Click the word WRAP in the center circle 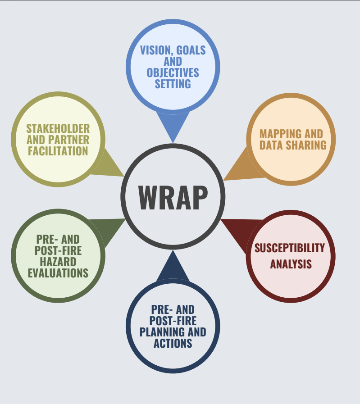(x=173, y=197)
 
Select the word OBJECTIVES (x=173, y=73)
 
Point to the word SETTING (x=173, y=84)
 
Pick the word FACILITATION (x=58, y=151)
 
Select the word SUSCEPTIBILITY (x=290, y=248)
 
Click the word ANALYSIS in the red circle (x=291, y=264)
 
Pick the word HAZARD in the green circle (x=58, y=262)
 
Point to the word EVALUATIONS (x=58, y=273)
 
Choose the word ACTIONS (x=173, y=344)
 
